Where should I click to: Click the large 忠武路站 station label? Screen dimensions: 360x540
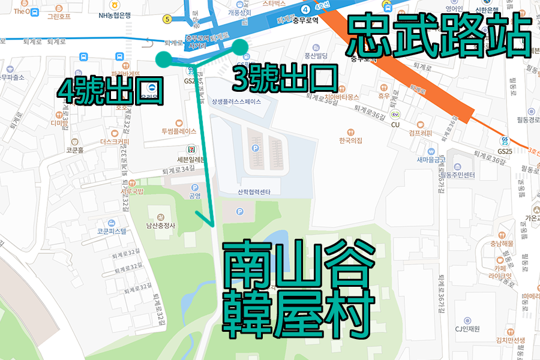(439, 35)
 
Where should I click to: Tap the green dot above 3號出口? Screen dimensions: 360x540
(240, 46)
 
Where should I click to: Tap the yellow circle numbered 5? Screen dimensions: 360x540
(167, 19)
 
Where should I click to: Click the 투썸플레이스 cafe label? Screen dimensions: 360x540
(179, 131)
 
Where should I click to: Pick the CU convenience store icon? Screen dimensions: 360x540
(395, 115)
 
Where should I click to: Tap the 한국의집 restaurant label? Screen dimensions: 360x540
(351, 140)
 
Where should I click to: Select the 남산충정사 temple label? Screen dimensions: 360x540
(160, 226)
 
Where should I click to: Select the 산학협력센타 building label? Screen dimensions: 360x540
(254, 192)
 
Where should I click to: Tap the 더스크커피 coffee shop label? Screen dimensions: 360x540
(115, 142)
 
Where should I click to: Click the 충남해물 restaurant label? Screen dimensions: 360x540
(502, 244)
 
